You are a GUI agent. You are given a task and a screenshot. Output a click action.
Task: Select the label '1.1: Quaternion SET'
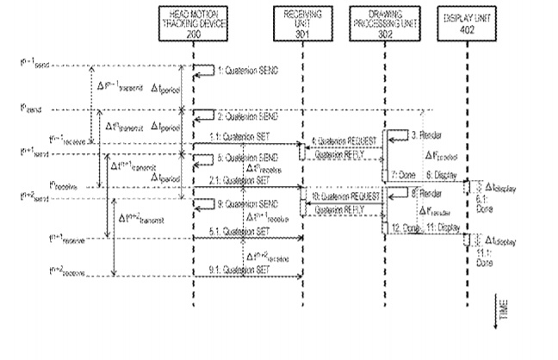[238, 138]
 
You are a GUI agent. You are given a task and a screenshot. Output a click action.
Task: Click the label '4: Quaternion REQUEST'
[343, 140]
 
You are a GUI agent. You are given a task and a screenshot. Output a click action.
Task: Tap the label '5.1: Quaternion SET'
[238, 231]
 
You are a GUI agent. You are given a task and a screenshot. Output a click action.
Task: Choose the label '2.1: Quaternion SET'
[238, 181]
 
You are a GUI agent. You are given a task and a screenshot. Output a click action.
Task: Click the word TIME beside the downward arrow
[504, 303]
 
